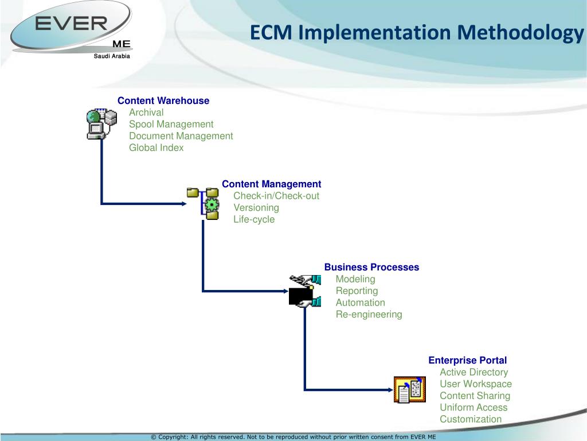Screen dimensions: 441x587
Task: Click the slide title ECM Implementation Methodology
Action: coord(416,32)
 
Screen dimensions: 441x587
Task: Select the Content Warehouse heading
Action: coord(163,100)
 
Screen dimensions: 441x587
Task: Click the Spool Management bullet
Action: coord(171,124)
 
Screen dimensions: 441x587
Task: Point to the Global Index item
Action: coord(156,148)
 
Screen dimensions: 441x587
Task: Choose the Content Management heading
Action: coord(271,184)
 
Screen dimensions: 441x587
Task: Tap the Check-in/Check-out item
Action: coord(276,196)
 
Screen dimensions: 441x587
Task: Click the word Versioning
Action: coord(256,207)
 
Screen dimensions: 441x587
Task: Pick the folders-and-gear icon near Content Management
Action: coord(204,203)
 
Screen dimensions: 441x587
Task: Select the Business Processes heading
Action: coord(371,267)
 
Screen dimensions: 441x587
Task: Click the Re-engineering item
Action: coord(369,314)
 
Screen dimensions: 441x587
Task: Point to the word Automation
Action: coord(360,303)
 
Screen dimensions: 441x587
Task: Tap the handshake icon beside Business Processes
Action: coord(302,291)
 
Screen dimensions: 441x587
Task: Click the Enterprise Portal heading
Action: coord(467,360)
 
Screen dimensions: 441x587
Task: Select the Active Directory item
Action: coord(473,372)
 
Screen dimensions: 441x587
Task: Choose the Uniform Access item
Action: coord(473,407)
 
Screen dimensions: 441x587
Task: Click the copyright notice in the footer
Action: coord(293,436)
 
